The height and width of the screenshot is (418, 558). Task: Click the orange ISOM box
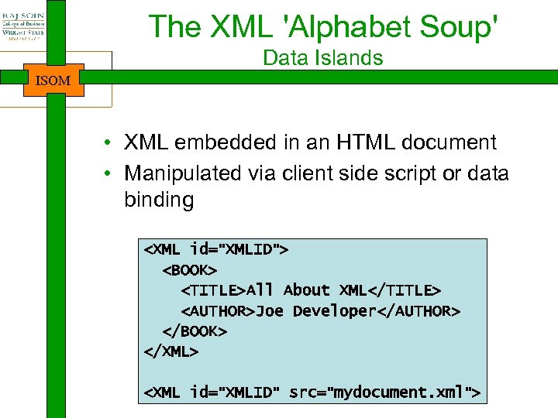(x=53, y=80)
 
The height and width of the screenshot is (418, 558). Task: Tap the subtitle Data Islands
(x=322, y=58)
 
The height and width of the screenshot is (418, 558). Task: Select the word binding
(x=158, y=200)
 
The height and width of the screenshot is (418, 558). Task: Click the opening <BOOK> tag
(x=190, y=269)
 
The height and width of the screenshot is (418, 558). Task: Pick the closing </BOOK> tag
(x=195, y=331)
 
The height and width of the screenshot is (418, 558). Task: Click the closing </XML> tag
(x=171, y=351)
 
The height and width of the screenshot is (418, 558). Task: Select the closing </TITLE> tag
(x=405, y=290)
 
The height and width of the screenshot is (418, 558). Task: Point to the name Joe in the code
(x=270, y=310)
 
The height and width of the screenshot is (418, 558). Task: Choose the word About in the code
(x=307, y=290)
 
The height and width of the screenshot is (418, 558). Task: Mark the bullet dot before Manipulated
(x=113, y=173)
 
